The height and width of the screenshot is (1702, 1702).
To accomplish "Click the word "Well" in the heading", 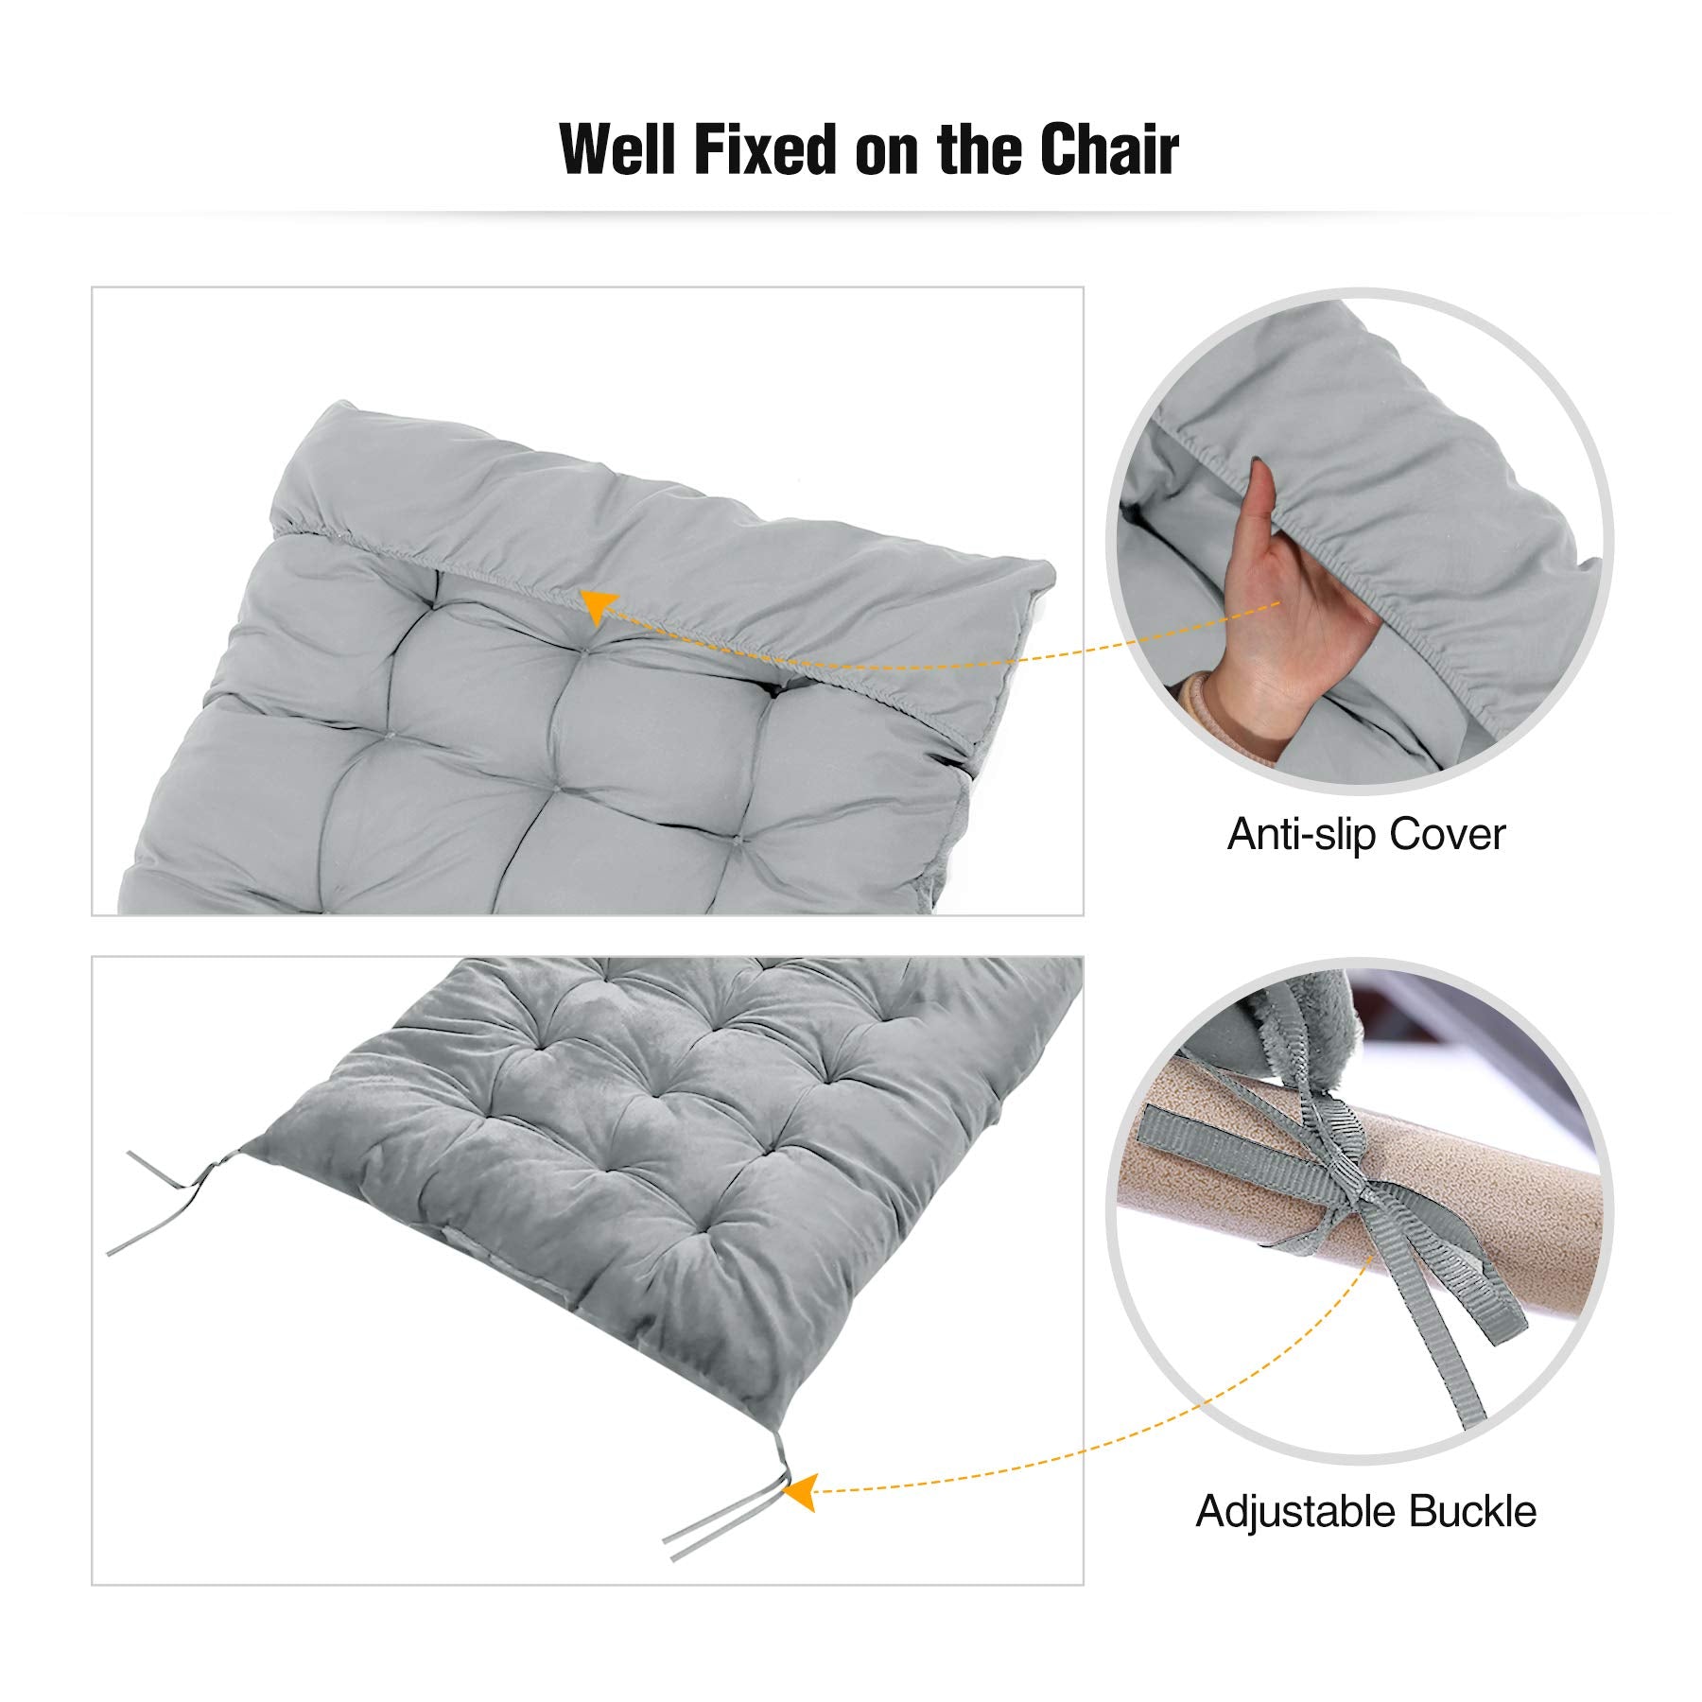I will click(x=619, y=149).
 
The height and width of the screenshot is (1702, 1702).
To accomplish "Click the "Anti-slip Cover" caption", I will click(x=1365, y=834).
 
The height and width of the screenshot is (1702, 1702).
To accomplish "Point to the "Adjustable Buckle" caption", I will click(x=1365, y=1511).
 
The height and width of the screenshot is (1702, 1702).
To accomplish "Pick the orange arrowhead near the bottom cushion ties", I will click(x=800, y=1491).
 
